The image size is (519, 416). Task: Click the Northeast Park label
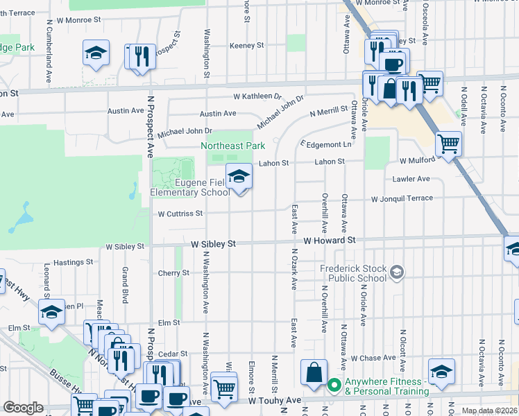click(233, 146)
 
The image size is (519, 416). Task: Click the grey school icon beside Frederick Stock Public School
click(396, 272)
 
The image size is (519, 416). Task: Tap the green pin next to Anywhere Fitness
click(334, 383)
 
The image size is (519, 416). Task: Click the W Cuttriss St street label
click(180, 214)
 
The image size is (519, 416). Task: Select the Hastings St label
click(74, 263)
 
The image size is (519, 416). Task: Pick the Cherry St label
click(175, 273)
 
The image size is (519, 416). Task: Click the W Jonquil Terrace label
click(402, 199)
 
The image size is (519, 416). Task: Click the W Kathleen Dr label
click(257, 96)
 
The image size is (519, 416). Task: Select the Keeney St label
click(248, 45)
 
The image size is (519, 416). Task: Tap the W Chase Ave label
click(373, 358)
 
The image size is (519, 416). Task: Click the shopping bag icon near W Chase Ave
click(314, 372)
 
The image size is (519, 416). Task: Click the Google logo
click(23, 408)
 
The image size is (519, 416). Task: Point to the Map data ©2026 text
click(490, 410)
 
